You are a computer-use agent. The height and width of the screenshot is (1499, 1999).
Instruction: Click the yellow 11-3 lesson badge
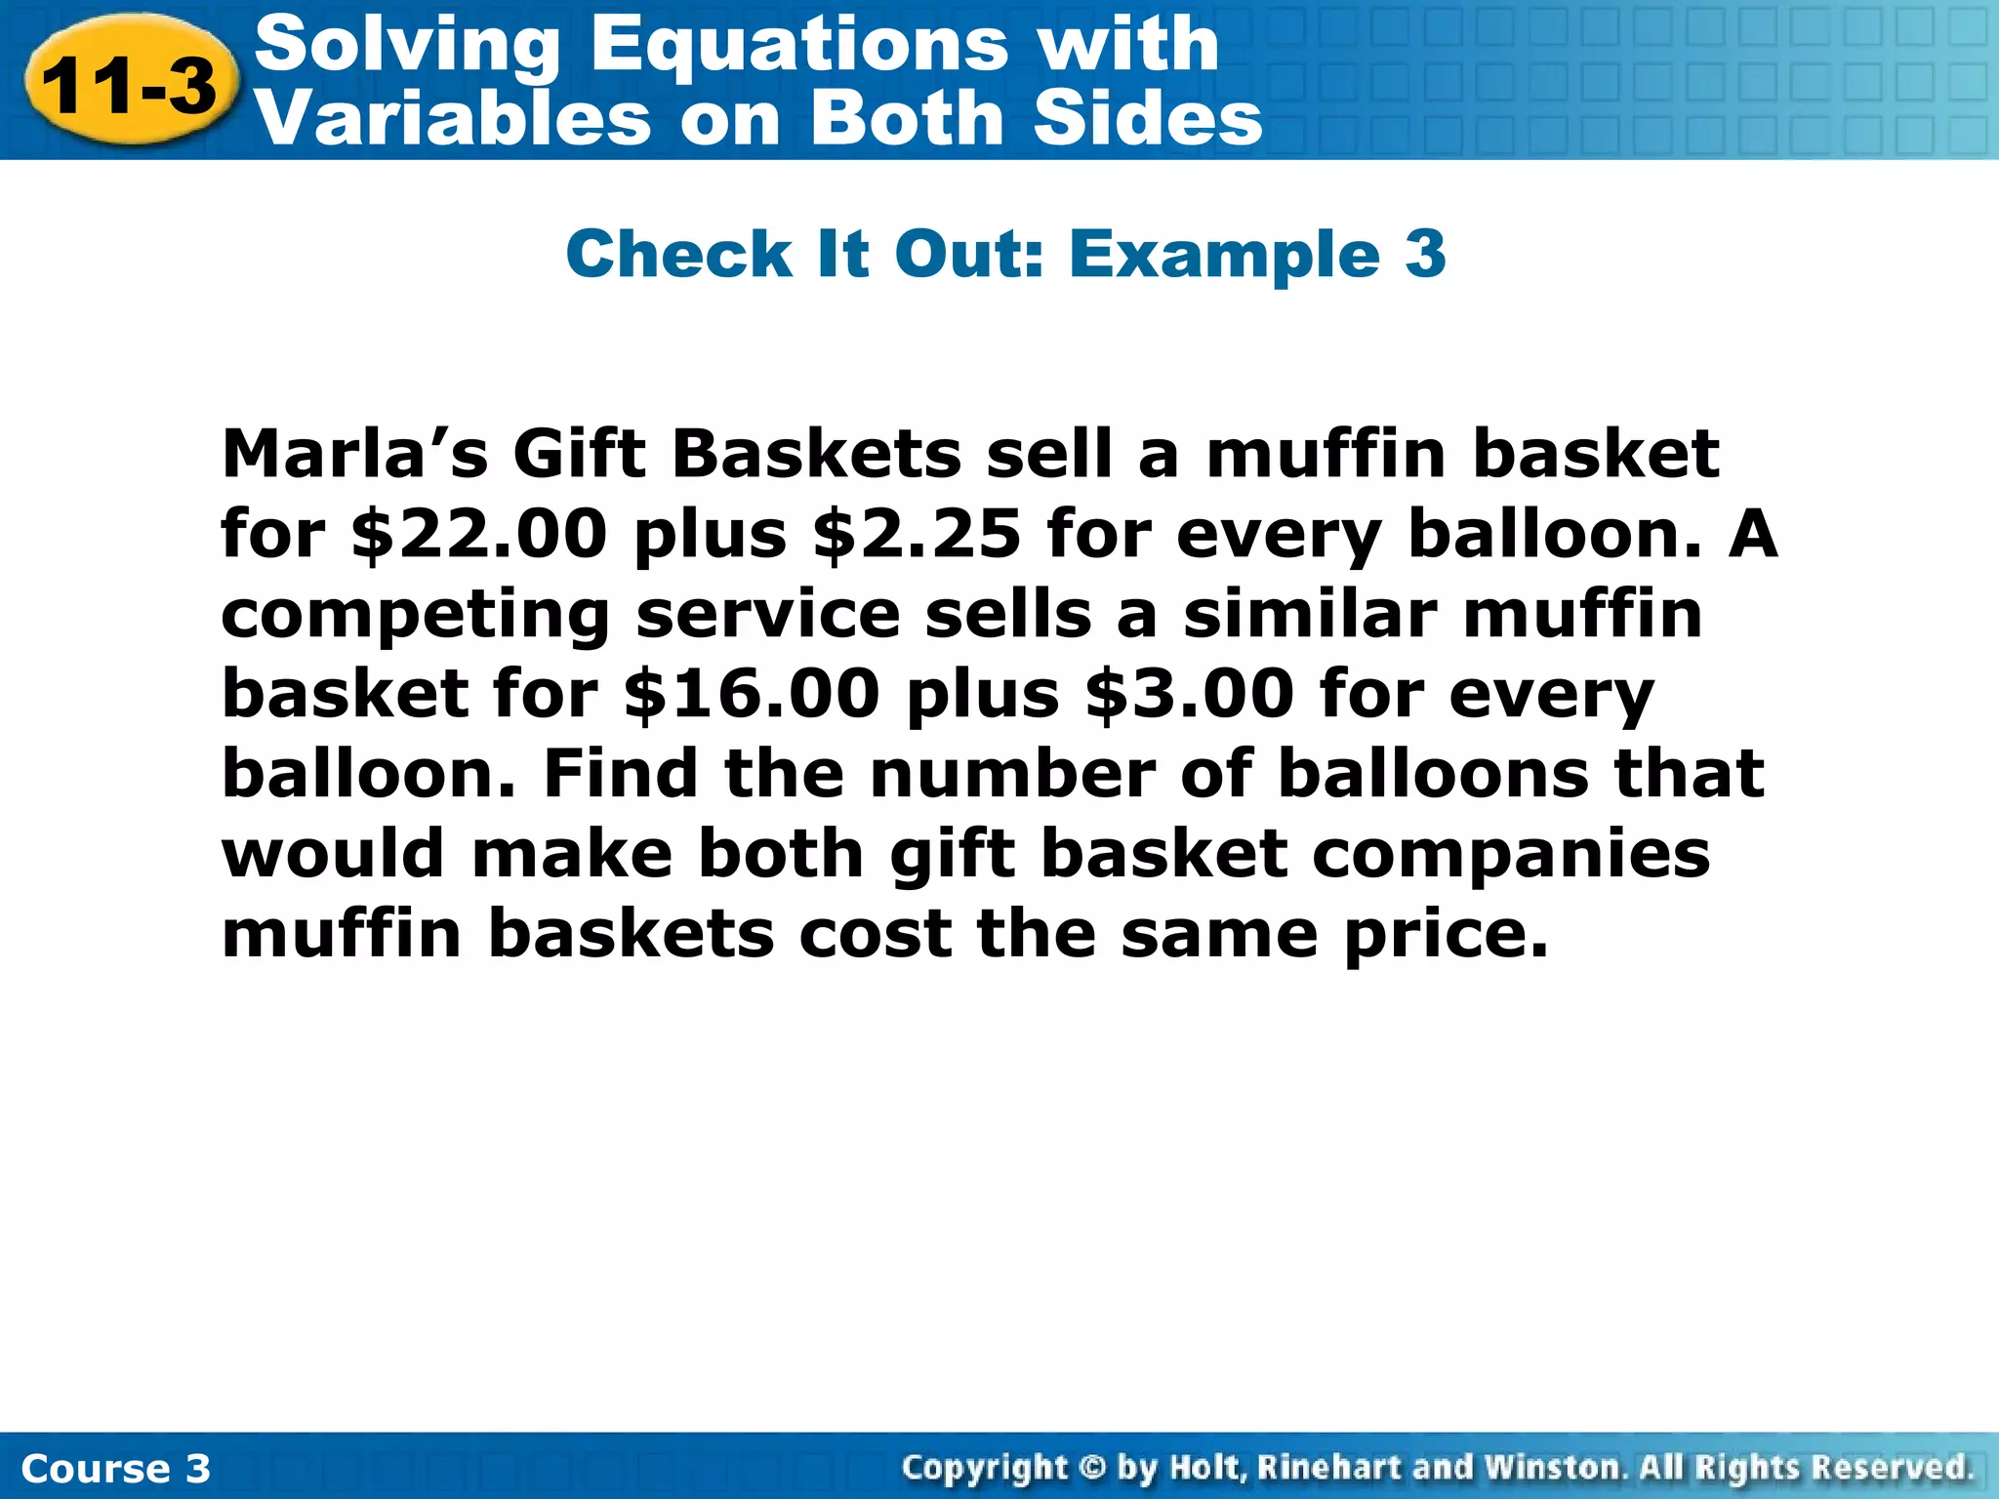point(130,86)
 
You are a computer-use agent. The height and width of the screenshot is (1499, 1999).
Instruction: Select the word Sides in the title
point(1148,119)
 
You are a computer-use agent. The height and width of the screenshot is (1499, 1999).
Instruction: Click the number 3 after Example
point(1425,254)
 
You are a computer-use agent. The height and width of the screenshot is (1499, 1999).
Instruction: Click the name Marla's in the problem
point(354,455)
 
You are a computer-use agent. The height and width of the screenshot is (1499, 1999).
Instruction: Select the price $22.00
point(479,535)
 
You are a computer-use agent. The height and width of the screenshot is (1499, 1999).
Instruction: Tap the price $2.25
point(917,535)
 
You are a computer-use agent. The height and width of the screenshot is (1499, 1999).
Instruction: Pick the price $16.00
point(752,695)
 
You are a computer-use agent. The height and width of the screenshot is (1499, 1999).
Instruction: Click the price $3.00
point(1190,695)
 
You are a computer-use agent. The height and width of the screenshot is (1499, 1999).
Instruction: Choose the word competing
point(416,617)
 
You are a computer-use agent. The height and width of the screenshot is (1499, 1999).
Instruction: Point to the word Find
point(620,774)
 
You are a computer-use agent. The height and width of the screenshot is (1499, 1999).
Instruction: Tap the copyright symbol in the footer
point(1093,1467)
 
